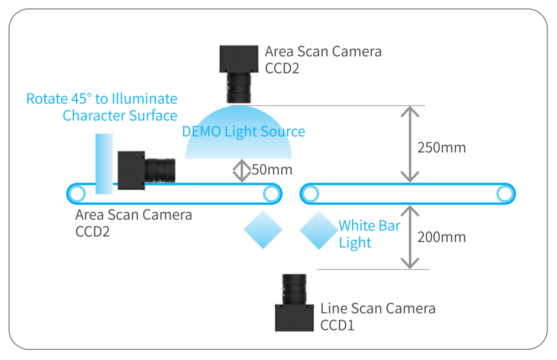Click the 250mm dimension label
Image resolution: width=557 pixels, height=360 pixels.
pos(442,148)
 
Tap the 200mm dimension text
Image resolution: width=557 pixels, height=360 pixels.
pos(442,237)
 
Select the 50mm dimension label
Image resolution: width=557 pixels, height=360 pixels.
pos(272,170)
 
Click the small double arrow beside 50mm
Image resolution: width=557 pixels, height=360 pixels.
pos(242,171)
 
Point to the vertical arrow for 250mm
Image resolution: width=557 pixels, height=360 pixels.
pos(410,144)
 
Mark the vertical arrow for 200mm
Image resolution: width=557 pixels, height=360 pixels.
pos(410,237)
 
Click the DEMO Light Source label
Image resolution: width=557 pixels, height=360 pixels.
pos(243,131)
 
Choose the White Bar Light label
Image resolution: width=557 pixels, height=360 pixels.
pos(369,234)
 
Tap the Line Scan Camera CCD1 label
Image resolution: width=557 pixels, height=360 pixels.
pos(378,317)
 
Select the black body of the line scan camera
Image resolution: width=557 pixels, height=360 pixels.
pos(295,318)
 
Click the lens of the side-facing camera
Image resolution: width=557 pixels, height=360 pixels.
pos(160,171)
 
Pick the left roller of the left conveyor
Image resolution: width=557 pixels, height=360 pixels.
pos(77,194)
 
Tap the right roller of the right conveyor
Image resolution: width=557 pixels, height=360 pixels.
pos(505,194)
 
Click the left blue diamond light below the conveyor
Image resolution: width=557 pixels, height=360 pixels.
pos(263,230)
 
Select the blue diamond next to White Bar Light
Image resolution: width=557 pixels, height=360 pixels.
pos(319,230)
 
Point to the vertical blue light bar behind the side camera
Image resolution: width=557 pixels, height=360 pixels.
pos(104,164)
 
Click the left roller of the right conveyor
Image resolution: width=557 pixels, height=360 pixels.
pos(311,194)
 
